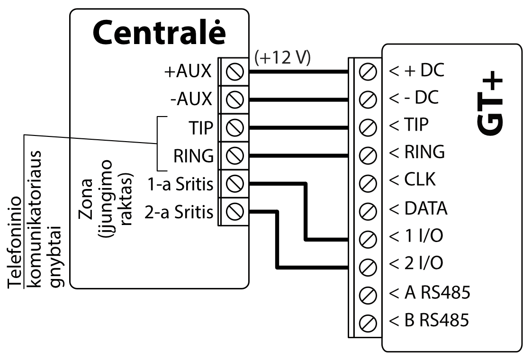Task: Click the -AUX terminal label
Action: [192, 100]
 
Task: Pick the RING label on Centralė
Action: [194, 155]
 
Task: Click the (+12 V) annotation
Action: [282, 57]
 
